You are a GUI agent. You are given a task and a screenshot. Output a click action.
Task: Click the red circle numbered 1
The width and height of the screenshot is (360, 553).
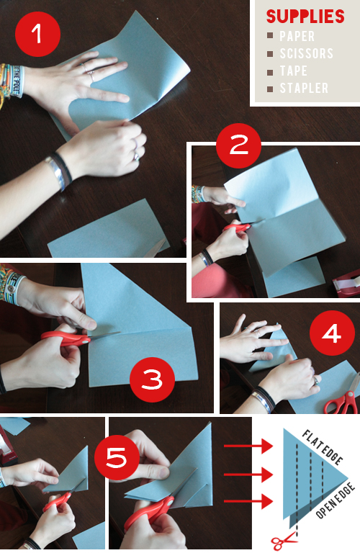(x=37, y=35)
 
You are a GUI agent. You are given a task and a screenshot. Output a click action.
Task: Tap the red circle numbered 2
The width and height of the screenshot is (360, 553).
(x=238, y=145)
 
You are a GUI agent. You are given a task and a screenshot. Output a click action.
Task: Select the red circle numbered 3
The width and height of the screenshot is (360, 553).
(x=152, y=379)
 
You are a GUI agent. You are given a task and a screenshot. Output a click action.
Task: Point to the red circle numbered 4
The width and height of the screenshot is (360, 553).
(x=332, y=333)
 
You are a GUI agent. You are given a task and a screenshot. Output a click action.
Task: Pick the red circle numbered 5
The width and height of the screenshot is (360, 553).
(x=117, y=457)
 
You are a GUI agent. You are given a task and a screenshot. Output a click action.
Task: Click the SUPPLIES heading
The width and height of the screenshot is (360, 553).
(x=305, y=17)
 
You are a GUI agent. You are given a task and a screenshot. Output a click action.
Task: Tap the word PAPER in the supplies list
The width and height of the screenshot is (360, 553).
(x=297, y=36)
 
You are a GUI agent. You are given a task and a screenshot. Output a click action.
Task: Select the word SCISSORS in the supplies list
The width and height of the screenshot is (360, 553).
(x=307, y=53)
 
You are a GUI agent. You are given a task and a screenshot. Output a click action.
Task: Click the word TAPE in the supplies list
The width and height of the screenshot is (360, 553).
(x=293, y=71)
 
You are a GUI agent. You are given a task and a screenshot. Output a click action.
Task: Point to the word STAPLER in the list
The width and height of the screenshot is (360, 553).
(x=304, y=88)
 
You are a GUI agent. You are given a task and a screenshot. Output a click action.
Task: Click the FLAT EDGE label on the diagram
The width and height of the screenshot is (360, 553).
(x=323, y=447)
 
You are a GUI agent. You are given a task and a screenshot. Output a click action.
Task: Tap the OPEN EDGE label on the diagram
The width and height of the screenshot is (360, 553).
(x=336, y=501)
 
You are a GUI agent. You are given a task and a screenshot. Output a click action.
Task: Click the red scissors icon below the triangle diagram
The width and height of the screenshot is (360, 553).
(x=283, y=541)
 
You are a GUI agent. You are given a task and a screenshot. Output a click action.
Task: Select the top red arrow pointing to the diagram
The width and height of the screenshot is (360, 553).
(x=248, y=446)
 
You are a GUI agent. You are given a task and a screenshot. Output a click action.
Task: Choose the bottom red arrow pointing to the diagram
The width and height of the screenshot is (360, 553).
(x=248, y=501)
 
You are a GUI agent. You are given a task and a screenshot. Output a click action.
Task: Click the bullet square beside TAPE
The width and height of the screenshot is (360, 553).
(x=270, y=72)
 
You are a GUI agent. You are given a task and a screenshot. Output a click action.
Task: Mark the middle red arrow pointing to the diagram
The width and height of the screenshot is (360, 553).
(x=248, y=475)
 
